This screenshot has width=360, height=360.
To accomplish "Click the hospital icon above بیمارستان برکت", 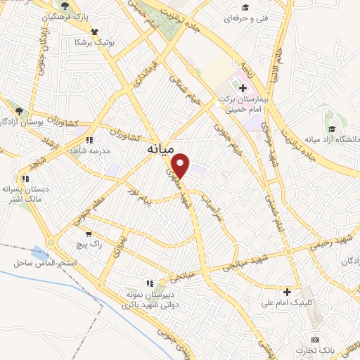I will pos(243,89).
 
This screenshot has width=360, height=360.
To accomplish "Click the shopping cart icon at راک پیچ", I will pos(88,234).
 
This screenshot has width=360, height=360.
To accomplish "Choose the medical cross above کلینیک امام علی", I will pos(287,291).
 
